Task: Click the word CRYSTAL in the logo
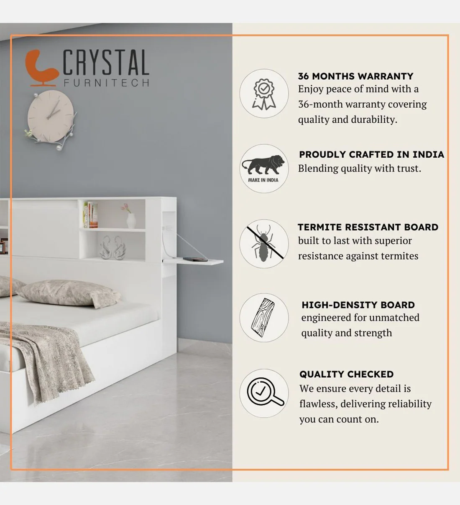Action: (106, 62)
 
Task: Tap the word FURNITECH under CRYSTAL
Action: (106, 83)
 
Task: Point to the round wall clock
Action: (51, 116)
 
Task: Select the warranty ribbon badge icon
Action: (264, 94)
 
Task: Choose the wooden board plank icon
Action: (263, 317)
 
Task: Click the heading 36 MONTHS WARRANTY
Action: (355, 76)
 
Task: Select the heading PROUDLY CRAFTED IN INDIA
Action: (371, 154)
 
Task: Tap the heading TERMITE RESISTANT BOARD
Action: (368, 227)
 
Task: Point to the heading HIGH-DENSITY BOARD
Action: (358, 305)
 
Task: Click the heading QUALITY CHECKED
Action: (346, 374)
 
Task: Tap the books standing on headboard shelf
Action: (91, 215)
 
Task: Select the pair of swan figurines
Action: (112, 247)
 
